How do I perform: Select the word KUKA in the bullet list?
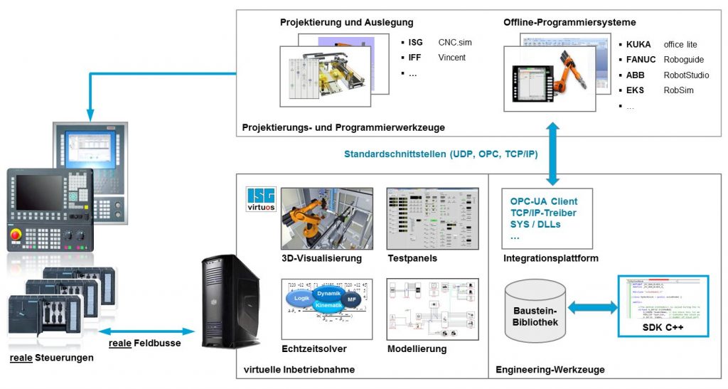coord(639,44)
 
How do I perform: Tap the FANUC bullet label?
coord(642,60)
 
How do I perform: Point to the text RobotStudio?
coord(686,75)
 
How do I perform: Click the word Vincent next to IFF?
coord(452,58)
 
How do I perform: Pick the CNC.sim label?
coord(455,43)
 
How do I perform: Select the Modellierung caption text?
coord(417,348)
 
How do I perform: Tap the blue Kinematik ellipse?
coord(328,305)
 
